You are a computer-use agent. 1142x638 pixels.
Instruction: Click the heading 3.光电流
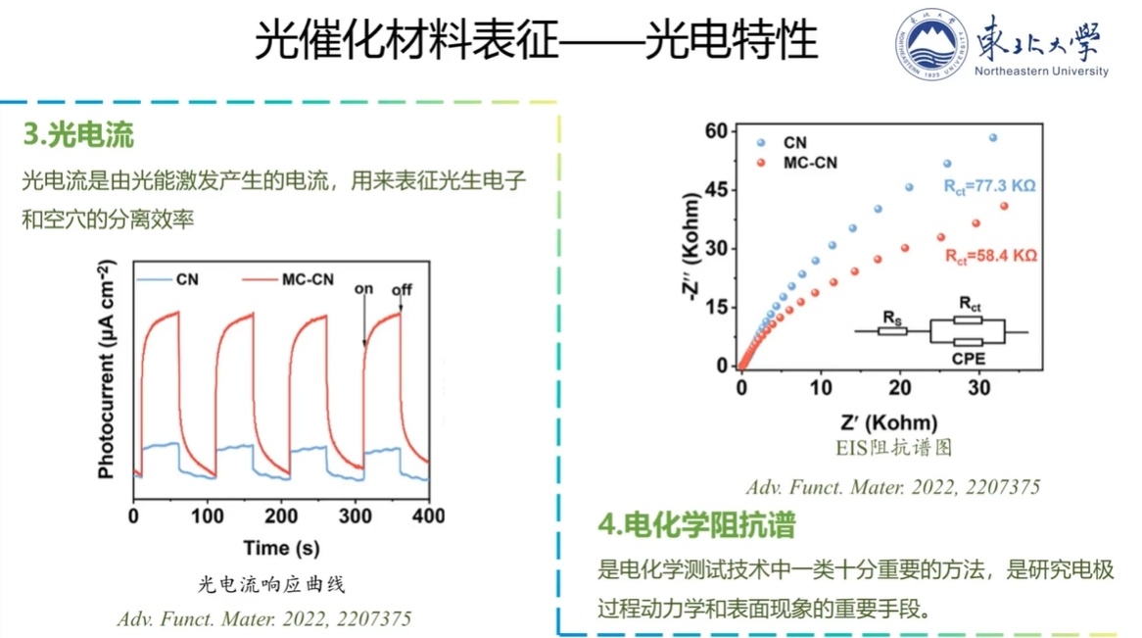click(x=79, y=135)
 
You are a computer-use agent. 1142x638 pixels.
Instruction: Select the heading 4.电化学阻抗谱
click(x=696, y=525)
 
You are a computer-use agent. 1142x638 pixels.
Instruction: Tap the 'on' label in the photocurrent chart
click(x=364, y=288)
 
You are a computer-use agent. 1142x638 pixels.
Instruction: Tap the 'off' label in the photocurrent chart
click(x=402, y=289)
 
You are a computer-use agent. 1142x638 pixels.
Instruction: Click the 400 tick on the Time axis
click(x=428, y=515)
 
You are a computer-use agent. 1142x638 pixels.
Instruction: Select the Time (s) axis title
click(x=281, y=548)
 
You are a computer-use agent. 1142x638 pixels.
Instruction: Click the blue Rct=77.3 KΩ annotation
click(x=988, y=183)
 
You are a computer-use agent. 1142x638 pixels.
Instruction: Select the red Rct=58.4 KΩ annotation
click(x=990, y=256)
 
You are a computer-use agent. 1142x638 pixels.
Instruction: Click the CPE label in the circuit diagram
click(x=968, y=359)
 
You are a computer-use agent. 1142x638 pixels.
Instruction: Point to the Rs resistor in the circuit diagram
click(x=891, y=331)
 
